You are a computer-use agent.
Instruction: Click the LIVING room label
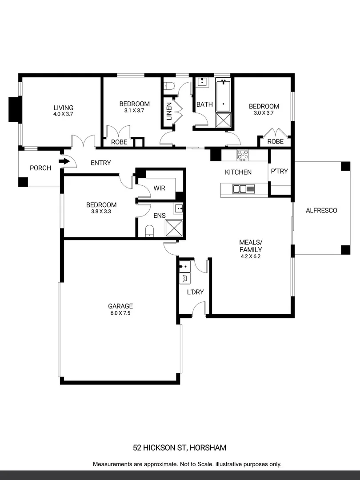pos(63,108)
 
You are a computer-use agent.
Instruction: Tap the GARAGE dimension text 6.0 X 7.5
pos(120,313)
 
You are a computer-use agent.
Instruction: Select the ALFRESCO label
pos(321,210)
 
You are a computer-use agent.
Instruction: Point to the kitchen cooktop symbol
pos(243,155)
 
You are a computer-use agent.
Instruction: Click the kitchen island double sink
pos(240,189)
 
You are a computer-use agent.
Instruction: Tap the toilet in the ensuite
pos(150,230)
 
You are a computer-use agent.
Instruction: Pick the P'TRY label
pos(279,172)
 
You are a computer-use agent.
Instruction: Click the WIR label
pos(159,188)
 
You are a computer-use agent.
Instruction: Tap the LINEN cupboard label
pos(169,112)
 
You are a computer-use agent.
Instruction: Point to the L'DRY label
pos(196,292)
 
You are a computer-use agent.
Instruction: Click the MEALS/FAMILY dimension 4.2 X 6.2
pos(251,256)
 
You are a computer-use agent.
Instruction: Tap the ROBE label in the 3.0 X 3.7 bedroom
pos(276,142)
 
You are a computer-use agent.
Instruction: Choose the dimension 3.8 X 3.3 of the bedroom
pos(101,212)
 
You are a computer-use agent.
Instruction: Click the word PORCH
pos(40,168)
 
